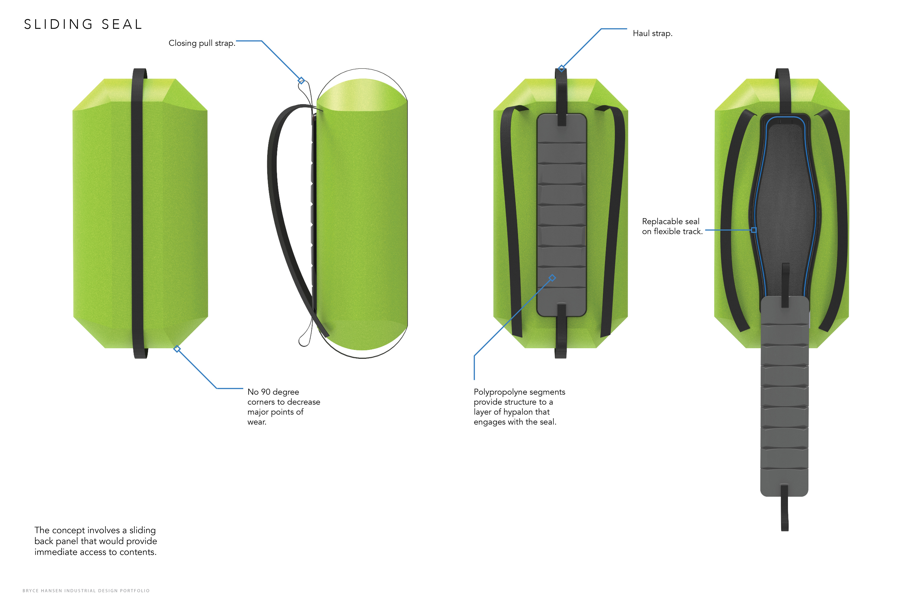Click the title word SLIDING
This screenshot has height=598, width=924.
(x=58, y=25)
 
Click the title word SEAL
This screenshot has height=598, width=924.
(x=122, y=25)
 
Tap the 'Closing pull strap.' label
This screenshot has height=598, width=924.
(x=201, y=43)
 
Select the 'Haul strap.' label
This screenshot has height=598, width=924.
(x=652, y=33)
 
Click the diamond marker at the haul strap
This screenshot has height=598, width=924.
(x=561, y=69)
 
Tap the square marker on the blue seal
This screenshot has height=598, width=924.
(x=754, y=230)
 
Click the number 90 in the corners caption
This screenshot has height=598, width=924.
(x=266, y=392)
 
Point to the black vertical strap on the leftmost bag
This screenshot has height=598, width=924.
(x=138, y=214)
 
